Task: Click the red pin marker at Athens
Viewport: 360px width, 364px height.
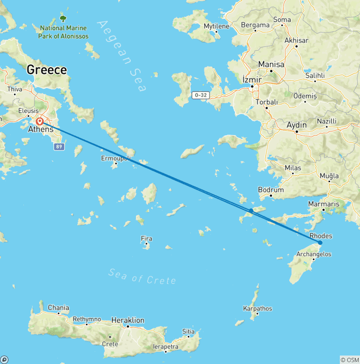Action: click(x=40, y=121)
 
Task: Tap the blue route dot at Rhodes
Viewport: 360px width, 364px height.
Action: click(x=320, y=243)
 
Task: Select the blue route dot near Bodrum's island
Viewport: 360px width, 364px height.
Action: click(x=251, y=210)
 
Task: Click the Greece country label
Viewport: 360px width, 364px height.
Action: click(x=46, y=70)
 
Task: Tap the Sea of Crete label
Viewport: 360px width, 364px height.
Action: click(x=142, y=276)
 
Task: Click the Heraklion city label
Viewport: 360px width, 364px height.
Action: click(x=128, y=320)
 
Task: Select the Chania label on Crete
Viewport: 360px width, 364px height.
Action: click(x=58, y=308)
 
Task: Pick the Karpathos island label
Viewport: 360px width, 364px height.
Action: click(x=257, y=309)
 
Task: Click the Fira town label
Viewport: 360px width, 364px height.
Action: click(x=147, y=239)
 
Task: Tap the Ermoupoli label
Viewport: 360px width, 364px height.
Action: click(x=116, y=159)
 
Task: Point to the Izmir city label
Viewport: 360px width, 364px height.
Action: click(x=251, y=79)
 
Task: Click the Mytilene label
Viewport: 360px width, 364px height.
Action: click(x=216, y=26)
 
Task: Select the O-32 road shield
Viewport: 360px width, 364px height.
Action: click(x=200, y=95)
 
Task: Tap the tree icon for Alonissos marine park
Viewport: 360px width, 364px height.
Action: click(x=63, y=19)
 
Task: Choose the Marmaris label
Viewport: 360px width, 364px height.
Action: click(x=323, y=204)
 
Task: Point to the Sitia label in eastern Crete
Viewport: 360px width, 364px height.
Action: click(x=188, y=332)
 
